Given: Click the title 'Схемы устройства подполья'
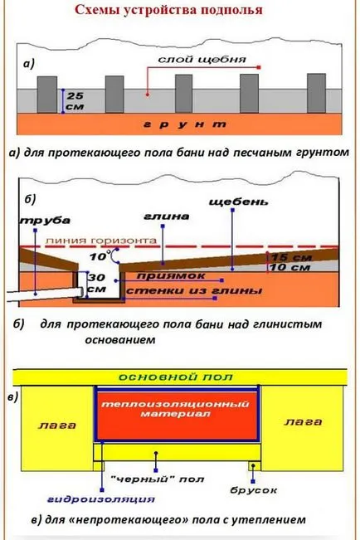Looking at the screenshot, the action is (168, 10).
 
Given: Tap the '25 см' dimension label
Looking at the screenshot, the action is (75, 101).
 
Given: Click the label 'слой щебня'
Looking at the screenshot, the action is (202, 60).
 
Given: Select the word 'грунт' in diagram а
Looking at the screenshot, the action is (185, 124).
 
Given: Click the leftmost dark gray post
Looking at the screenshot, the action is (47, 95).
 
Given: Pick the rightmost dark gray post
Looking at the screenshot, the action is (316, 93).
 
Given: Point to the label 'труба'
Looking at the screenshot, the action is (45, 221).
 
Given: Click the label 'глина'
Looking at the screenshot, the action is (167, 216).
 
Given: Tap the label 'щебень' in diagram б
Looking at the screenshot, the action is (238, 201).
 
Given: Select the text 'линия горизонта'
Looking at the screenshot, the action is (101, 241).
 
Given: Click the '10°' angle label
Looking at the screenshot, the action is (99, 256).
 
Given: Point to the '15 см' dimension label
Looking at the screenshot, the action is (291, 257).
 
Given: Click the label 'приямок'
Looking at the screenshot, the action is (171, 276).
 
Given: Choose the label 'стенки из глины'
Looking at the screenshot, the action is (194, 290).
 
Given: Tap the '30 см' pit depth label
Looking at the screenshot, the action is (96, 283).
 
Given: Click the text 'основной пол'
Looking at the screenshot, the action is (176, 377).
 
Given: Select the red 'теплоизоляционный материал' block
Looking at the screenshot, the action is (177, 416).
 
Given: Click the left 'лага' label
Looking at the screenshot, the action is (57, 426).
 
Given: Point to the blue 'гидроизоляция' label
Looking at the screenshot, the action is (101, 499).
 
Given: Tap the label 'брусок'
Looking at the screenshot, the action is (254, 490).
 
